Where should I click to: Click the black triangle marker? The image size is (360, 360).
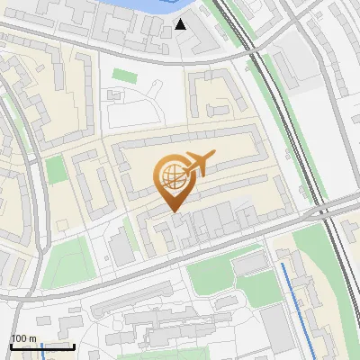pos(182,23)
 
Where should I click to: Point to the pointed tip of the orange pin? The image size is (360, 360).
pos(174,211)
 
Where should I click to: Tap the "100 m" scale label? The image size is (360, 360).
pos(23,338)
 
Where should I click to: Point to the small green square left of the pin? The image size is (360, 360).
pos(56,169)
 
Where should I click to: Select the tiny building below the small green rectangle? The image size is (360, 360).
pos(114,93)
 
